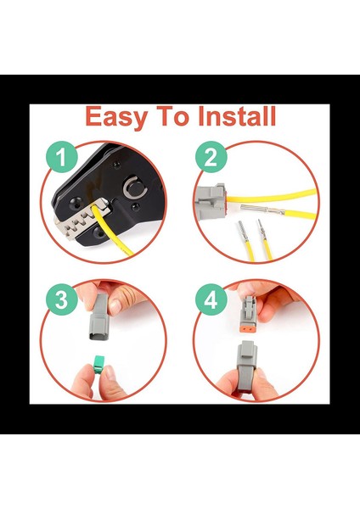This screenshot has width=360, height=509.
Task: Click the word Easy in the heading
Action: tap(115, 117)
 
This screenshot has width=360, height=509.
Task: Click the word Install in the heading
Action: tap(237, 116)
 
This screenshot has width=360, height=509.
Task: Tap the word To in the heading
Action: tap(172, 116)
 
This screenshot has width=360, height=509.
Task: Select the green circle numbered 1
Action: tap(61, 157)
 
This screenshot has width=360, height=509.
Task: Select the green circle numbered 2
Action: tap(211, 157)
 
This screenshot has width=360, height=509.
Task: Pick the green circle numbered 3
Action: tap(61, 299)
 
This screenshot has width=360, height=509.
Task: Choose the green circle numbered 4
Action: tap(211, 299)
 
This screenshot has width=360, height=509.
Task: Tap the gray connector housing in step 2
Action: tap(211, 201)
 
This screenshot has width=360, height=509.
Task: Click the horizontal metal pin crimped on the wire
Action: tap(262, 210)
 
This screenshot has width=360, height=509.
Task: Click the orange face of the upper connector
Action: tap(248, 328)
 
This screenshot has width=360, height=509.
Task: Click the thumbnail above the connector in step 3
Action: tap(115, 307)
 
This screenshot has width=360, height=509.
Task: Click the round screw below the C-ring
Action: tap(135, 206)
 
